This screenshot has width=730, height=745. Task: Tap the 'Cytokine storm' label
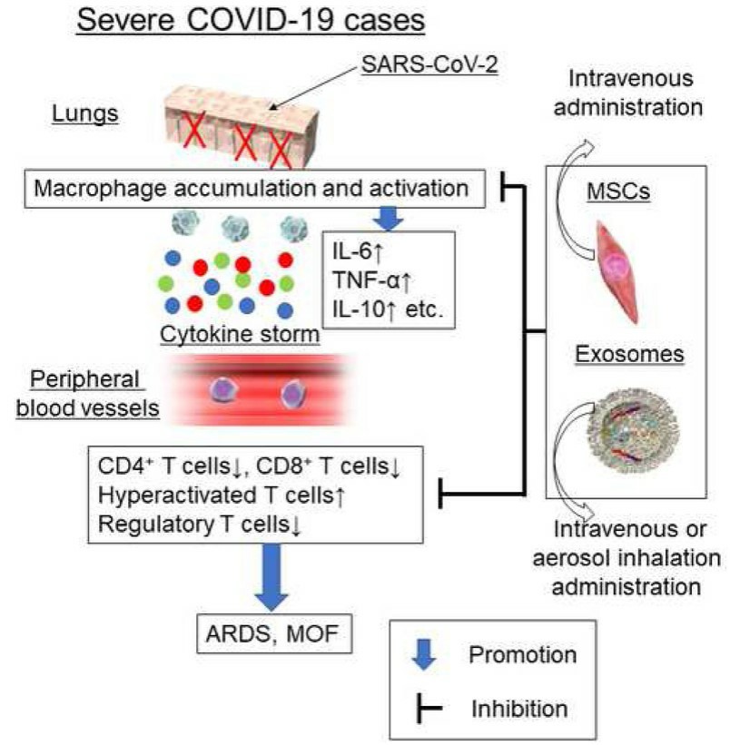(240, 334)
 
